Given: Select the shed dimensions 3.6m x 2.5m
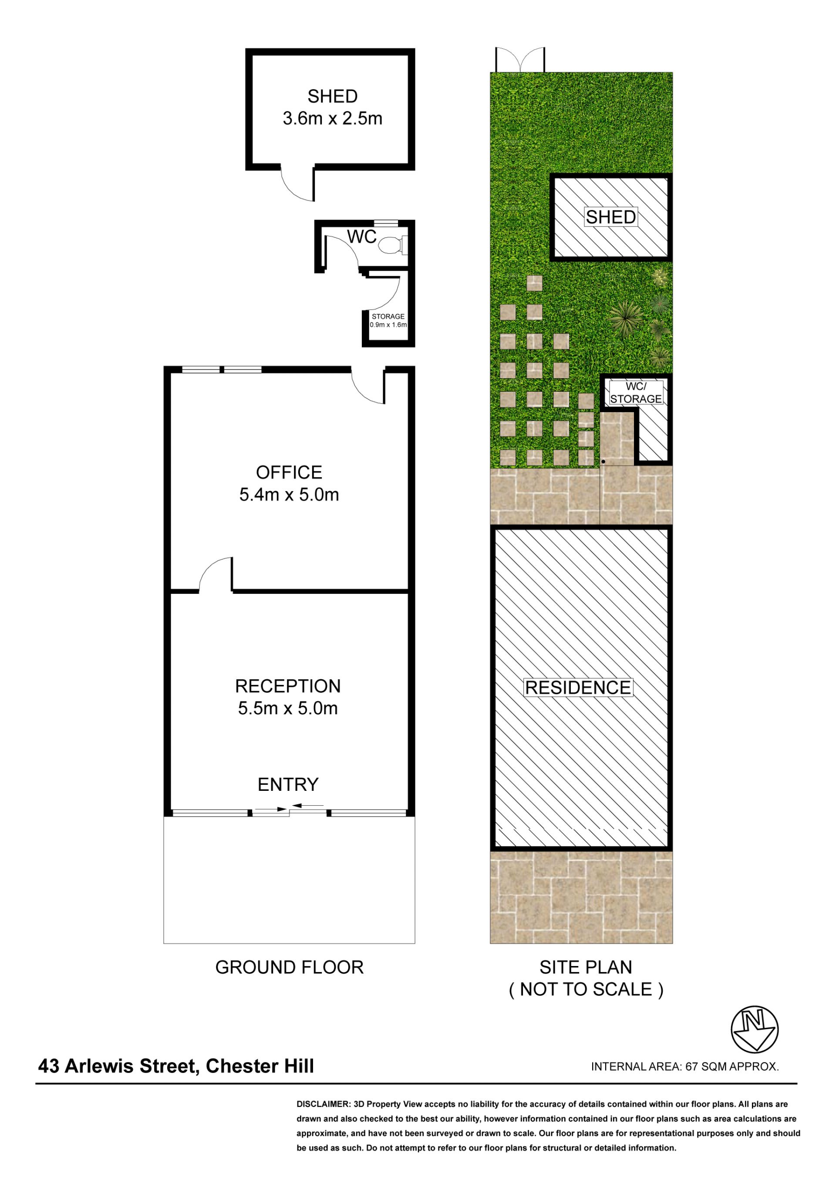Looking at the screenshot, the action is coord(333,119).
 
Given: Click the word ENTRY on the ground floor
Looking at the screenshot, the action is coord(288,785).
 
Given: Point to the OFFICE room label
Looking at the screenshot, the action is coord(289,472).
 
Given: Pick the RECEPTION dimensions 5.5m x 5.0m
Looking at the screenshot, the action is coord(288,708).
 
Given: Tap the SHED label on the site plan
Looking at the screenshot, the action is coord(611,217).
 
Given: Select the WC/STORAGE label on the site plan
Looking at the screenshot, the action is coord(636,392).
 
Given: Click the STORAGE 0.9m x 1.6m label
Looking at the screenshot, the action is coord(388,321).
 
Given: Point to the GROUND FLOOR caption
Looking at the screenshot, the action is coord(289,968).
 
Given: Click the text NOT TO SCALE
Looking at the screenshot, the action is coord(587,990).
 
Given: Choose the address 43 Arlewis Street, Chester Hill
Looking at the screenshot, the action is coord(176,1066).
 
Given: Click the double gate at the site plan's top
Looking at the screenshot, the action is coord(520,60).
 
